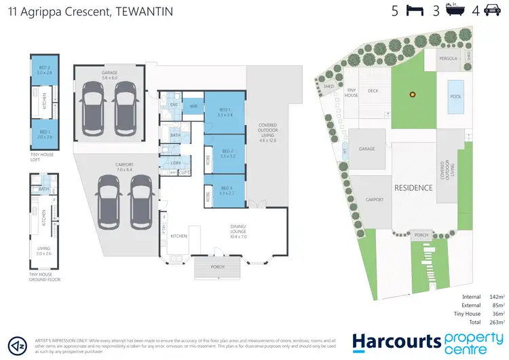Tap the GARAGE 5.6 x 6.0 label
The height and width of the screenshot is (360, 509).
pos(109,76)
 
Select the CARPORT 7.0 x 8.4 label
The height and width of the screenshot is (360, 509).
pos(124,166)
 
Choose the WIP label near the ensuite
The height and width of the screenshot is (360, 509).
pos(193,107)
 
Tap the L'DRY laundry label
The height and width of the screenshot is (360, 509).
pos(176,163)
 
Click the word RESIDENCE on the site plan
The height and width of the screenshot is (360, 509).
pos(413,187)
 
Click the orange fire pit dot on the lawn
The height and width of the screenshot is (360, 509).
pos(411,94)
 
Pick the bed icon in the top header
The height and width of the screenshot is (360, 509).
pos(413,11)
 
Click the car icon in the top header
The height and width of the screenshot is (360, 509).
pos(493,11)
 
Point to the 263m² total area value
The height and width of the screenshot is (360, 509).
pos(497,323)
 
